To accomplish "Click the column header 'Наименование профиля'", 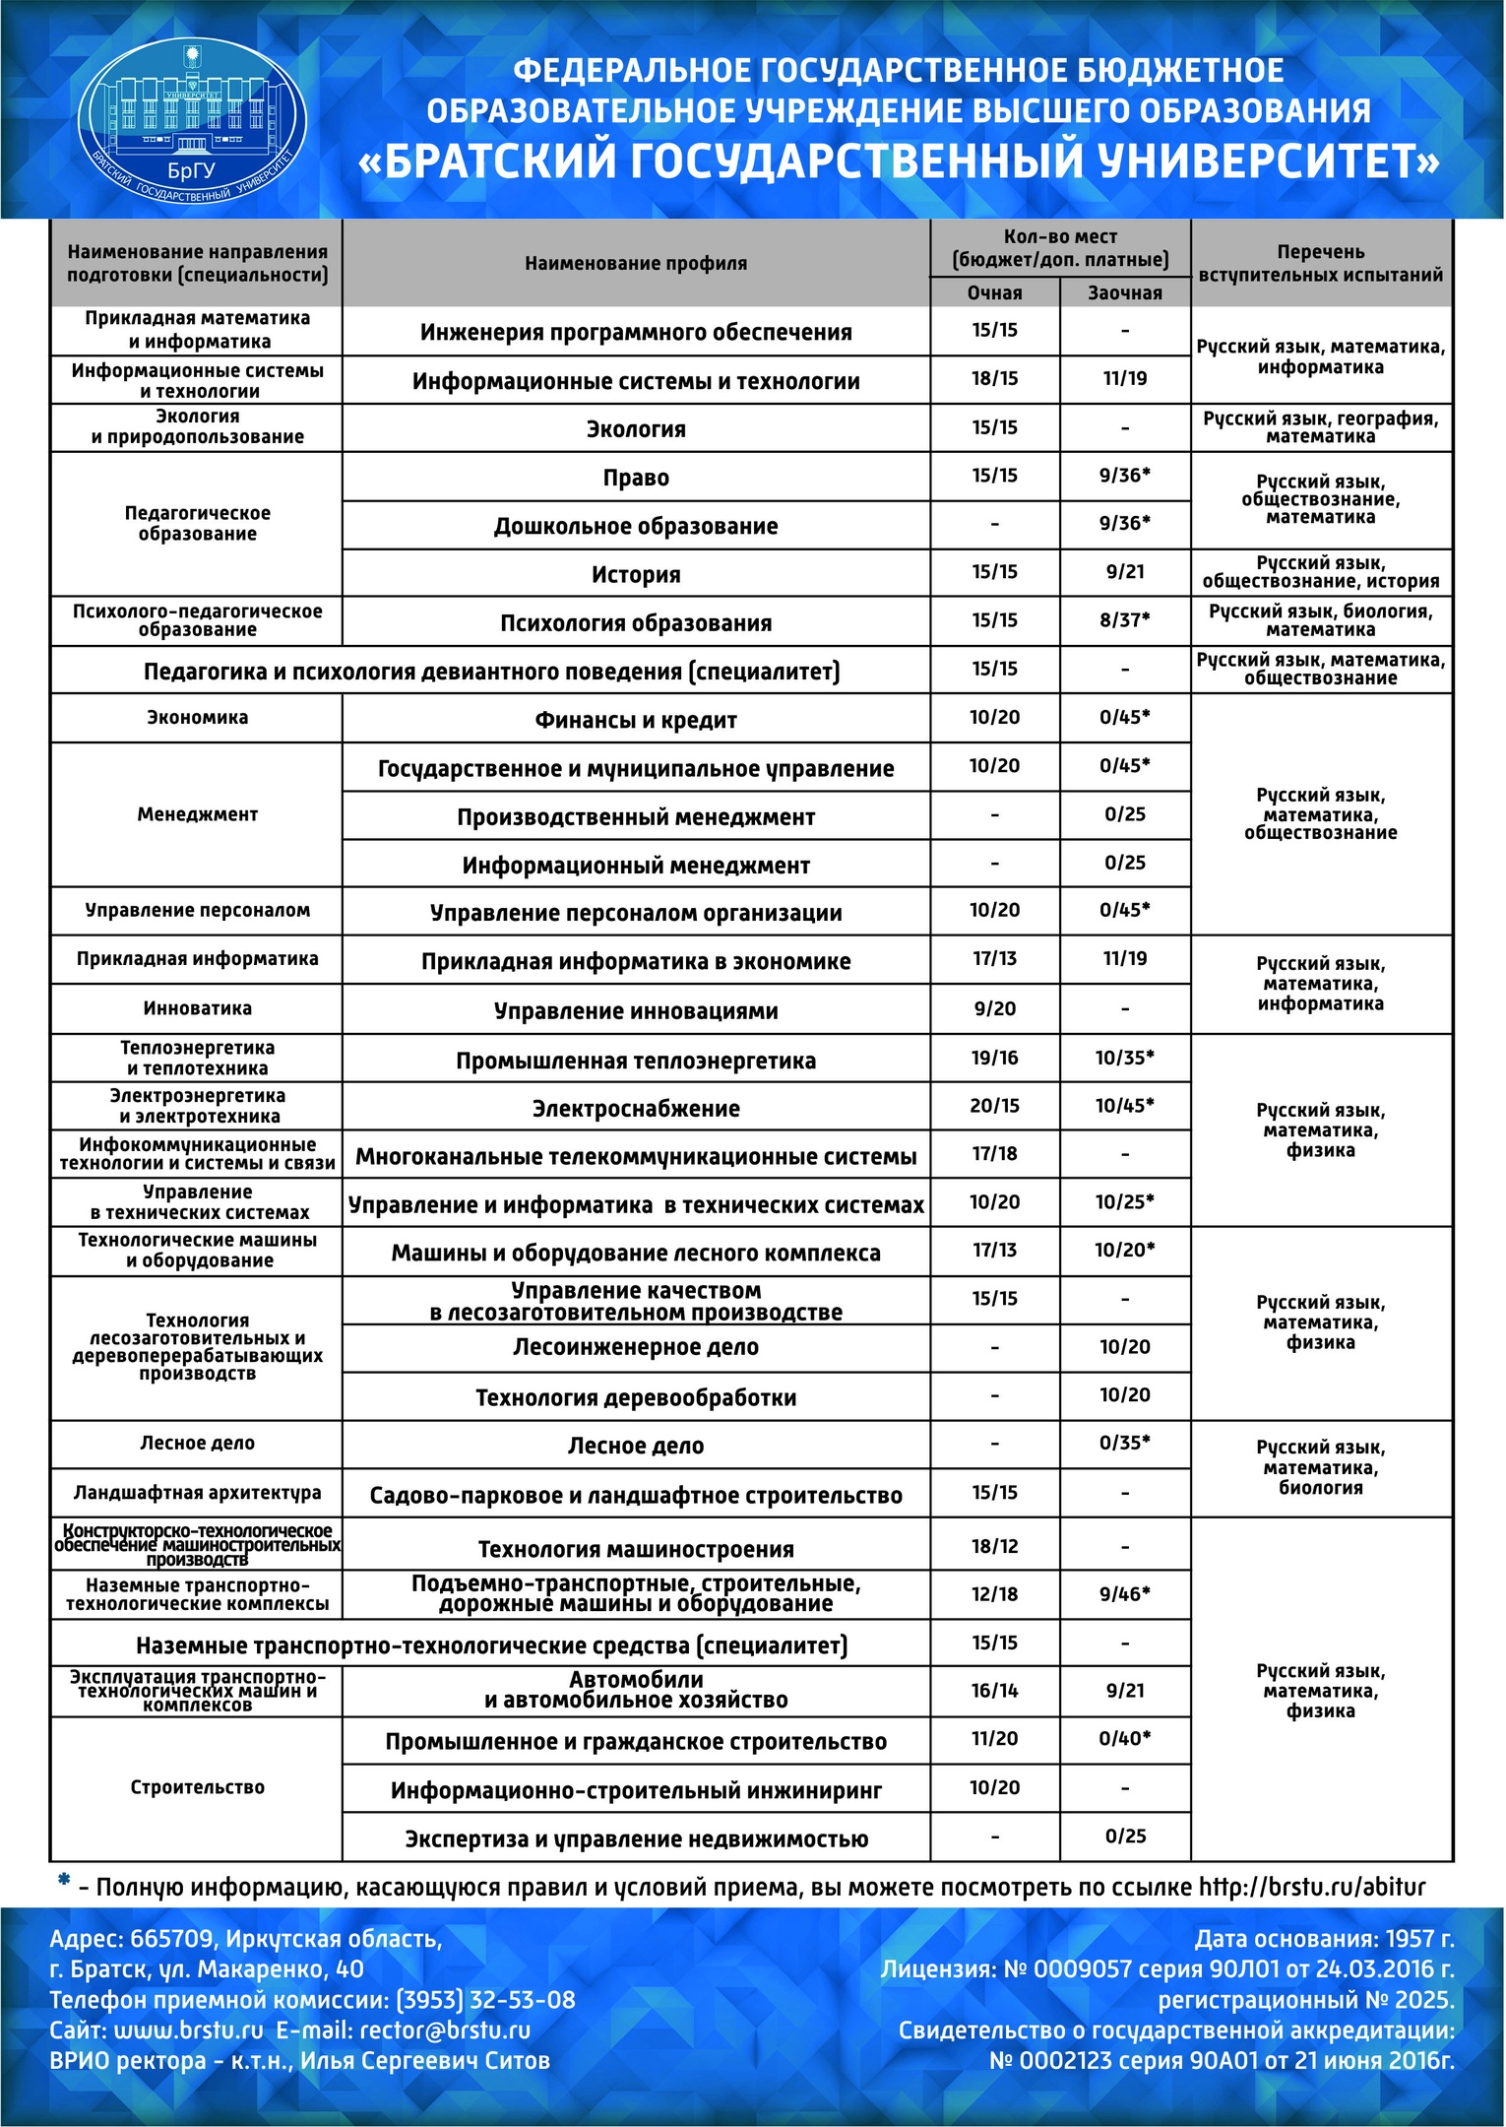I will pyautogui.click(x=636, y=263).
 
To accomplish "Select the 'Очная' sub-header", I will pyautogui.click(x=994, y=292).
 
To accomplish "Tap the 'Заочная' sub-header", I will pyautogui.click(x=1124, y=292).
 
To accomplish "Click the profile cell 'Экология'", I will pyautogui.click(x=636, y=429).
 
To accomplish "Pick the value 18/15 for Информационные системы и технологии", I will pyautogui.click(x=994, y=378).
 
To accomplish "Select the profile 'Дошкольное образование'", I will pyautogui.click(x=636, y=526).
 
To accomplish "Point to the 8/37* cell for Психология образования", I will pyautogui.click(x=1124, y=620).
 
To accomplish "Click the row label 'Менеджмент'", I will pyautogui.click(x=197, y=814).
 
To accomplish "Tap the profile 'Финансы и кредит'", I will pyautogui.click(x=636, y=720).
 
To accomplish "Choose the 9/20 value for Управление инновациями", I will pyautogui.click(x=994, y=1008).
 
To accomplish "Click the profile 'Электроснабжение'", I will pyautogui.click(x=636, y=1109).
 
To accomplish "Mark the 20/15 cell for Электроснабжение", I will pyautogui.click(x=994, y=1106).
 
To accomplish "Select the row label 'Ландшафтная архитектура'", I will pyautogui.click(x=197, y=1493).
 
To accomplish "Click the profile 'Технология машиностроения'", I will pyautogui.click(x=636, y=1549).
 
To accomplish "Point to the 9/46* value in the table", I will pyautogui.click(x=1124, y=1594).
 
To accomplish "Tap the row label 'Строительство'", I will pyautogui.click(x=197, y=1787).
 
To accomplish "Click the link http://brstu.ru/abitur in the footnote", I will pyautogui.click(x=1311, y=1888).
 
